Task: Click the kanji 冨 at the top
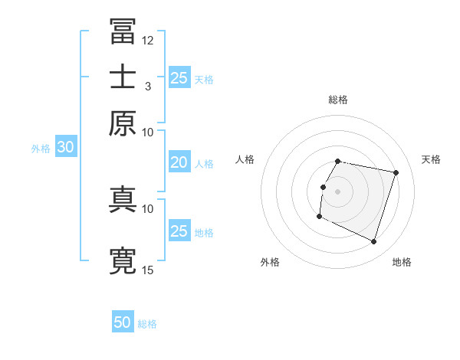(123, 32)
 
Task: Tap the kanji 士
(123, 77)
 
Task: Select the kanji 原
(123, 122)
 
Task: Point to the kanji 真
(123, 198)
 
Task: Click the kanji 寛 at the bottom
(123, 260)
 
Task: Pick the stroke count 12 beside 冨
(148, 40)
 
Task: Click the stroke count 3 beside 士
(148, 86)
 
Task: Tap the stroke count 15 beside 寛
(148, 270)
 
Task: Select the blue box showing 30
(65, 148)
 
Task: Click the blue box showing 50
(123, 322)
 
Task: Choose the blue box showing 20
(179, 162)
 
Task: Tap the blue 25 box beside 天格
(179, 77)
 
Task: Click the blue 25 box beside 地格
(179, 231)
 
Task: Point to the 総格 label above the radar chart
(337, 100)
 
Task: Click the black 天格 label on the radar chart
(431, 159)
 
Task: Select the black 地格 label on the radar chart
(402, 262)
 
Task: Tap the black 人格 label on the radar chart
(245, 159)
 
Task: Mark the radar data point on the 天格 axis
(396, 172)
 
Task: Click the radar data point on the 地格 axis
(373, 241)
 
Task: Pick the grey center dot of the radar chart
(337, 191)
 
